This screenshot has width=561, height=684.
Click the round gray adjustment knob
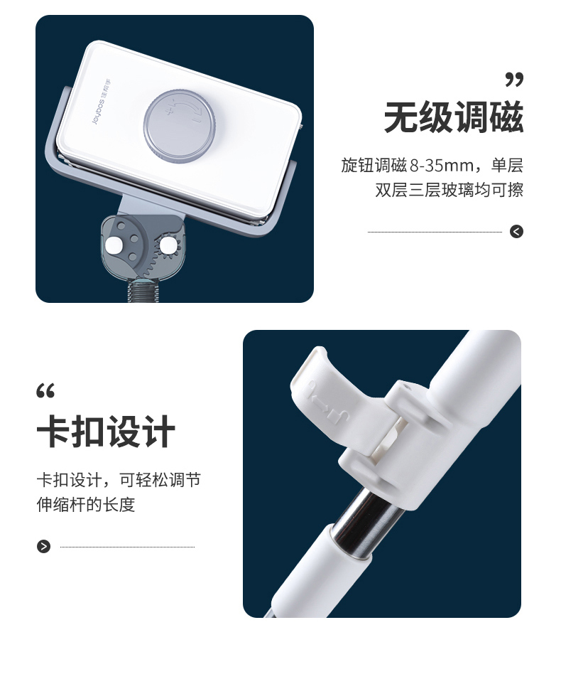coord(178,127)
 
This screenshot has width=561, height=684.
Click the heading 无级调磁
coord(454,117)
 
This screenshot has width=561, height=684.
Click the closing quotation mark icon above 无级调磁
coord(514,80)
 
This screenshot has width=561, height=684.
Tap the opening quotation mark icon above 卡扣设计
coord(45,391)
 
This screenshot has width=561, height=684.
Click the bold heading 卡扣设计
coord(107,431)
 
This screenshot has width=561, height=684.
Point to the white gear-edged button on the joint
coord(167,247)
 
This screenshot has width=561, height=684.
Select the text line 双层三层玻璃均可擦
coord(449,190)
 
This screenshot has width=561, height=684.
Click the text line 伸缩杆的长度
coord(86,504)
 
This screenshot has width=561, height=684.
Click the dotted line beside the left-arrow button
coord(435,232)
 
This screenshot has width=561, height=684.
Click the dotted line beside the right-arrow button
coord(127,547)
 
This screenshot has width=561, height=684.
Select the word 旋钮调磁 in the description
coord(374,166)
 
